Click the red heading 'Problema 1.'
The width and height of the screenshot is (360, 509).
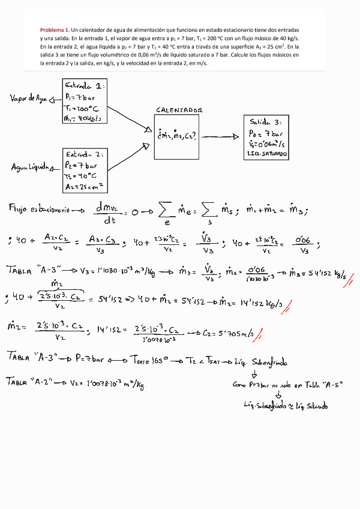pyautogui.click(x=55, y=30)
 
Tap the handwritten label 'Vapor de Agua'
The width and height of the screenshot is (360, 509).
pyautogui.click(x=29, y=97)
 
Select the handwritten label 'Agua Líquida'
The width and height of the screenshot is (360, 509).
pyautogui.click(x=29, y=167)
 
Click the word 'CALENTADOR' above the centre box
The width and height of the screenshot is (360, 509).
pyautogui.click(x=179, y=110)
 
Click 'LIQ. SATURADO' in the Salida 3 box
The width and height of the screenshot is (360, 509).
pyautogui.click(x=267, y=154)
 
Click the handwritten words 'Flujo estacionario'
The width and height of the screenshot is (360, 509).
pyautogui.click(x=38, y=209)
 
